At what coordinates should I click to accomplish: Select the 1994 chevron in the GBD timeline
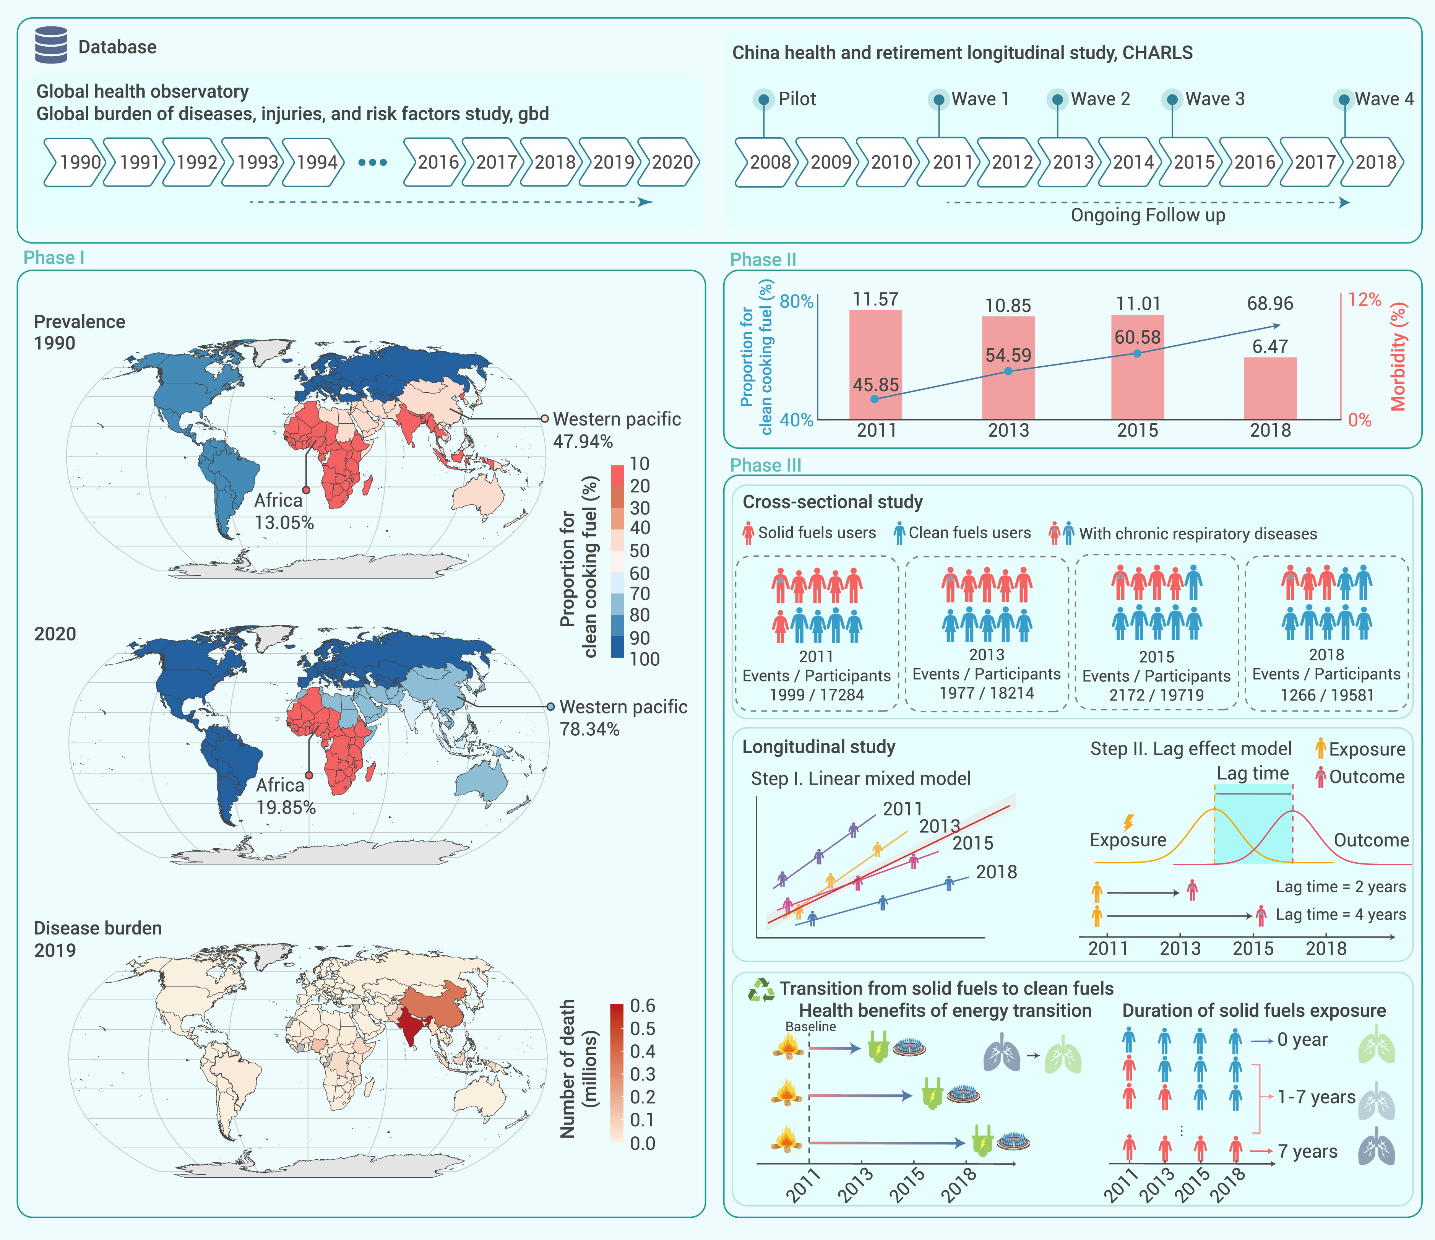(315, 162)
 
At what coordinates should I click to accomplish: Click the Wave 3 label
(1215, 99)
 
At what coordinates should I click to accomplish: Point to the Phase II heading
(763, 260)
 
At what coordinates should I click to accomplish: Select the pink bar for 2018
(1270, 388)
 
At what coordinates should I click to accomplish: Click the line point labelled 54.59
(1008, 371)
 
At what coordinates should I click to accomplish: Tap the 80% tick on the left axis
(797, 301)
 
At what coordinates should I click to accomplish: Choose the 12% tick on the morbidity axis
(1364, 299)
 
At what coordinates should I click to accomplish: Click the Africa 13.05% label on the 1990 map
(284, 511)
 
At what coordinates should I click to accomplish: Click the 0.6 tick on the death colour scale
(643, 1006)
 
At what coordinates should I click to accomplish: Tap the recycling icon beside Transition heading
(761, 989)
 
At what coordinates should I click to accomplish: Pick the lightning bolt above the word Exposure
(1128, 822)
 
